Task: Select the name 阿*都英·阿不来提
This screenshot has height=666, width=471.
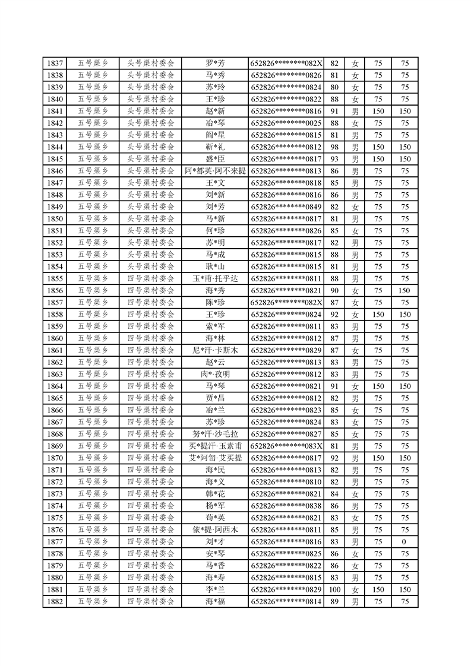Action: pyautogui.click(x=214, y=171)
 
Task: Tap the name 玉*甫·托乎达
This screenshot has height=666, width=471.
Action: pyautogui.click(x=214, y=278)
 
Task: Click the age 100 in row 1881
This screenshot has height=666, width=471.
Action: pyautogui.click(x=334, y=589)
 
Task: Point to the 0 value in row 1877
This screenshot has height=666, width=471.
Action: pyautogui.click(x=404, y=541)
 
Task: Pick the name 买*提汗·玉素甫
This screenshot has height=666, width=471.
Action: pyautogui.click(x=214, y=446)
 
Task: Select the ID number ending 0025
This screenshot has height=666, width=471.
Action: pyautogui.click(x=286, y=123)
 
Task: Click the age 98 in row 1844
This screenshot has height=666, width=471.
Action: pyautogui.click(x=334, y=147)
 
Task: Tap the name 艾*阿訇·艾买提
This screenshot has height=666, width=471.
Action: pyautogui.click(x=214, y=458)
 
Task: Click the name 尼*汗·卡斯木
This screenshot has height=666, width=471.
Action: pyautogui.click(x=214, y=350)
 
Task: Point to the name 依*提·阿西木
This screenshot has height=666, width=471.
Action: pyautogui.click(x=214, y=529)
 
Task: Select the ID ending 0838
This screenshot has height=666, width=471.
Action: pyautogui.click(x=286, y=506)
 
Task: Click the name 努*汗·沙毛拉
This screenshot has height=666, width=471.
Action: pyautogui.click(x=214, y=434)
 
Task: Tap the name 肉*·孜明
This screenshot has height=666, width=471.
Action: pyautogui.click(x=214, y=374)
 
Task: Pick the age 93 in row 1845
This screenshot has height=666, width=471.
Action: pyautogui.click(x=334, y=159)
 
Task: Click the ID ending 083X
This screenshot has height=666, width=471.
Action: pyautogui.click(x=286, y=446)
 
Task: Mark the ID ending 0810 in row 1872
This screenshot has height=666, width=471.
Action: pyautogui.click(x=286, y=481)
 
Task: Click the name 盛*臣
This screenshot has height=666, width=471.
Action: pyautogui.click(x=214, y=159)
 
